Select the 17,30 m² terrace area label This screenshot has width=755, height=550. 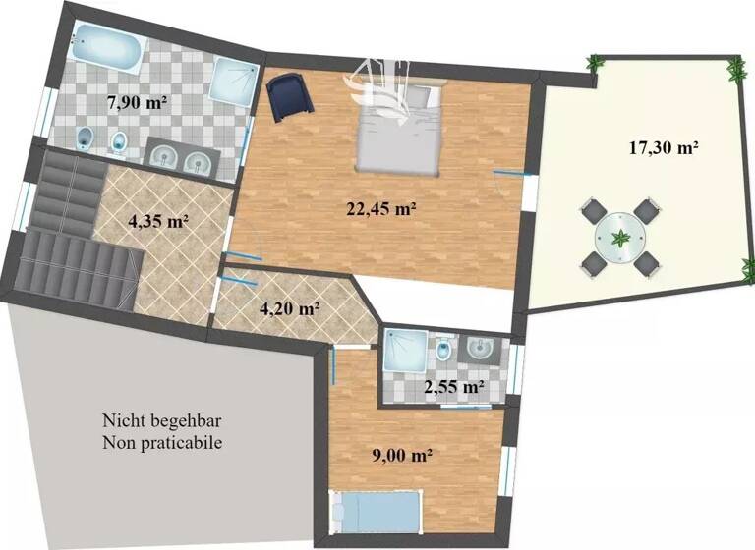point(664,149)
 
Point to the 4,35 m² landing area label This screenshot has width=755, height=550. point(158,222)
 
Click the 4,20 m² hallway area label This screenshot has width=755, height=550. point(289,308)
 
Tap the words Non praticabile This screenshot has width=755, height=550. point(161,443)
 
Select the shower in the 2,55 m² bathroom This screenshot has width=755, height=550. point(404,350)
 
